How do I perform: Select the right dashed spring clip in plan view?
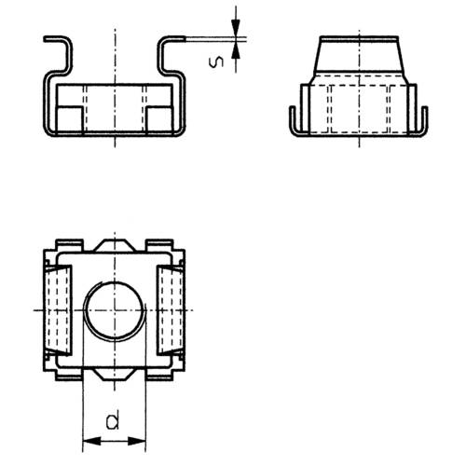click(x=171, y=308)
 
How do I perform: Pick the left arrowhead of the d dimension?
click(x=88, y=440)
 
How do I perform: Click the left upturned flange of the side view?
click(x=294, y=121)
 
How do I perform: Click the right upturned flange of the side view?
click(x=425, y=121)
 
